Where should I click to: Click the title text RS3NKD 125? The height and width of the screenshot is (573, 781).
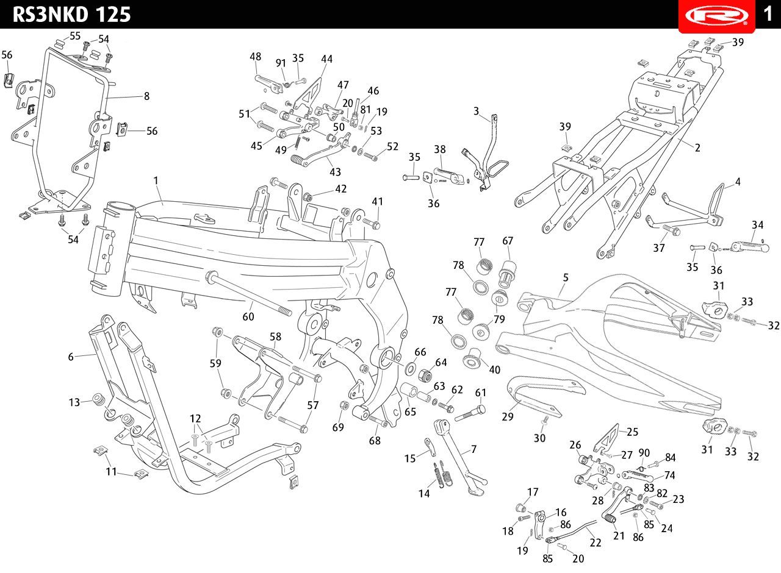[x=71, y=15]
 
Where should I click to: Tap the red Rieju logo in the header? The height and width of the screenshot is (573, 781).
[x=717, y=16]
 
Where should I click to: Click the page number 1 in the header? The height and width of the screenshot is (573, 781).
[x=768, y=14]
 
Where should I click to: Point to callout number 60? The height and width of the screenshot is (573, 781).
[x=248, y=316]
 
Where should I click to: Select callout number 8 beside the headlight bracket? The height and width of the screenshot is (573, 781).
[x=147, y=96]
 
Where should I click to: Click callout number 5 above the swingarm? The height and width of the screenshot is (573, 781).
[x=566, y=277]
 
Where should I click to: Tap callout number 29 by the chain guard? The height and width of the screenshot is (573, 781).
[x=507, y=416]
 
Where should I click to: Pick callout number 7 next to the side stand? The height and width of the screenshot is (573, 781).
[x=473, y=449]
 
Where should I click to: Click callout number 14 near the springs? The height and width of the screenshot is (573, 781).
[x=424, y=494]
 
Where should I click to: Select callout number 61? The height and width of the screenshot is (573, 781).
[x=480, y=393]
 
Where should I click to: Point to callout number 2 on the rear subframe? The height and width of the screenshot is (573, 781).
[x=697, y=148]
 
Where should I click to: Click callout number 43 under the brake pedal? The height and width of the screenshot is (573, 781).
[x=335, y=172]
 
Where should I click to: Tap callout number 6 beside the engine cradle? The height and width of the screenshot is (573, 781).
[x=71, y=357]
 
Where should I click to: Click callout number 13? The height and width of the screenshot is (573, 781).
[x=74, y=402]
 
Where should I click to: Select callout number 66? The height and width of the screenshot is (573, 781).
[x=420, y=352]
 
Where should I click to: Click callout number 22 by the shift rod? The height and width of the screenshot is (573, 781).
[x=596, y=543]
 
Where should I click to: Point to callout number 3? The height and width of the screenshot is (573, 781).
[x=477, y=111]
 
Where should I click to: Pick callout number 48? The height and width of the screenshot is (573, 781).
[x=255, y=57]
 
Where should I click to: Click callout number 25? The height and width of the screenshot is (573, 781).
[x=632, y=432]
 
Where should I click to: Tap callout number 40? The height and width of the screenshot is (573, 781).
[x=494, y=369]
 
